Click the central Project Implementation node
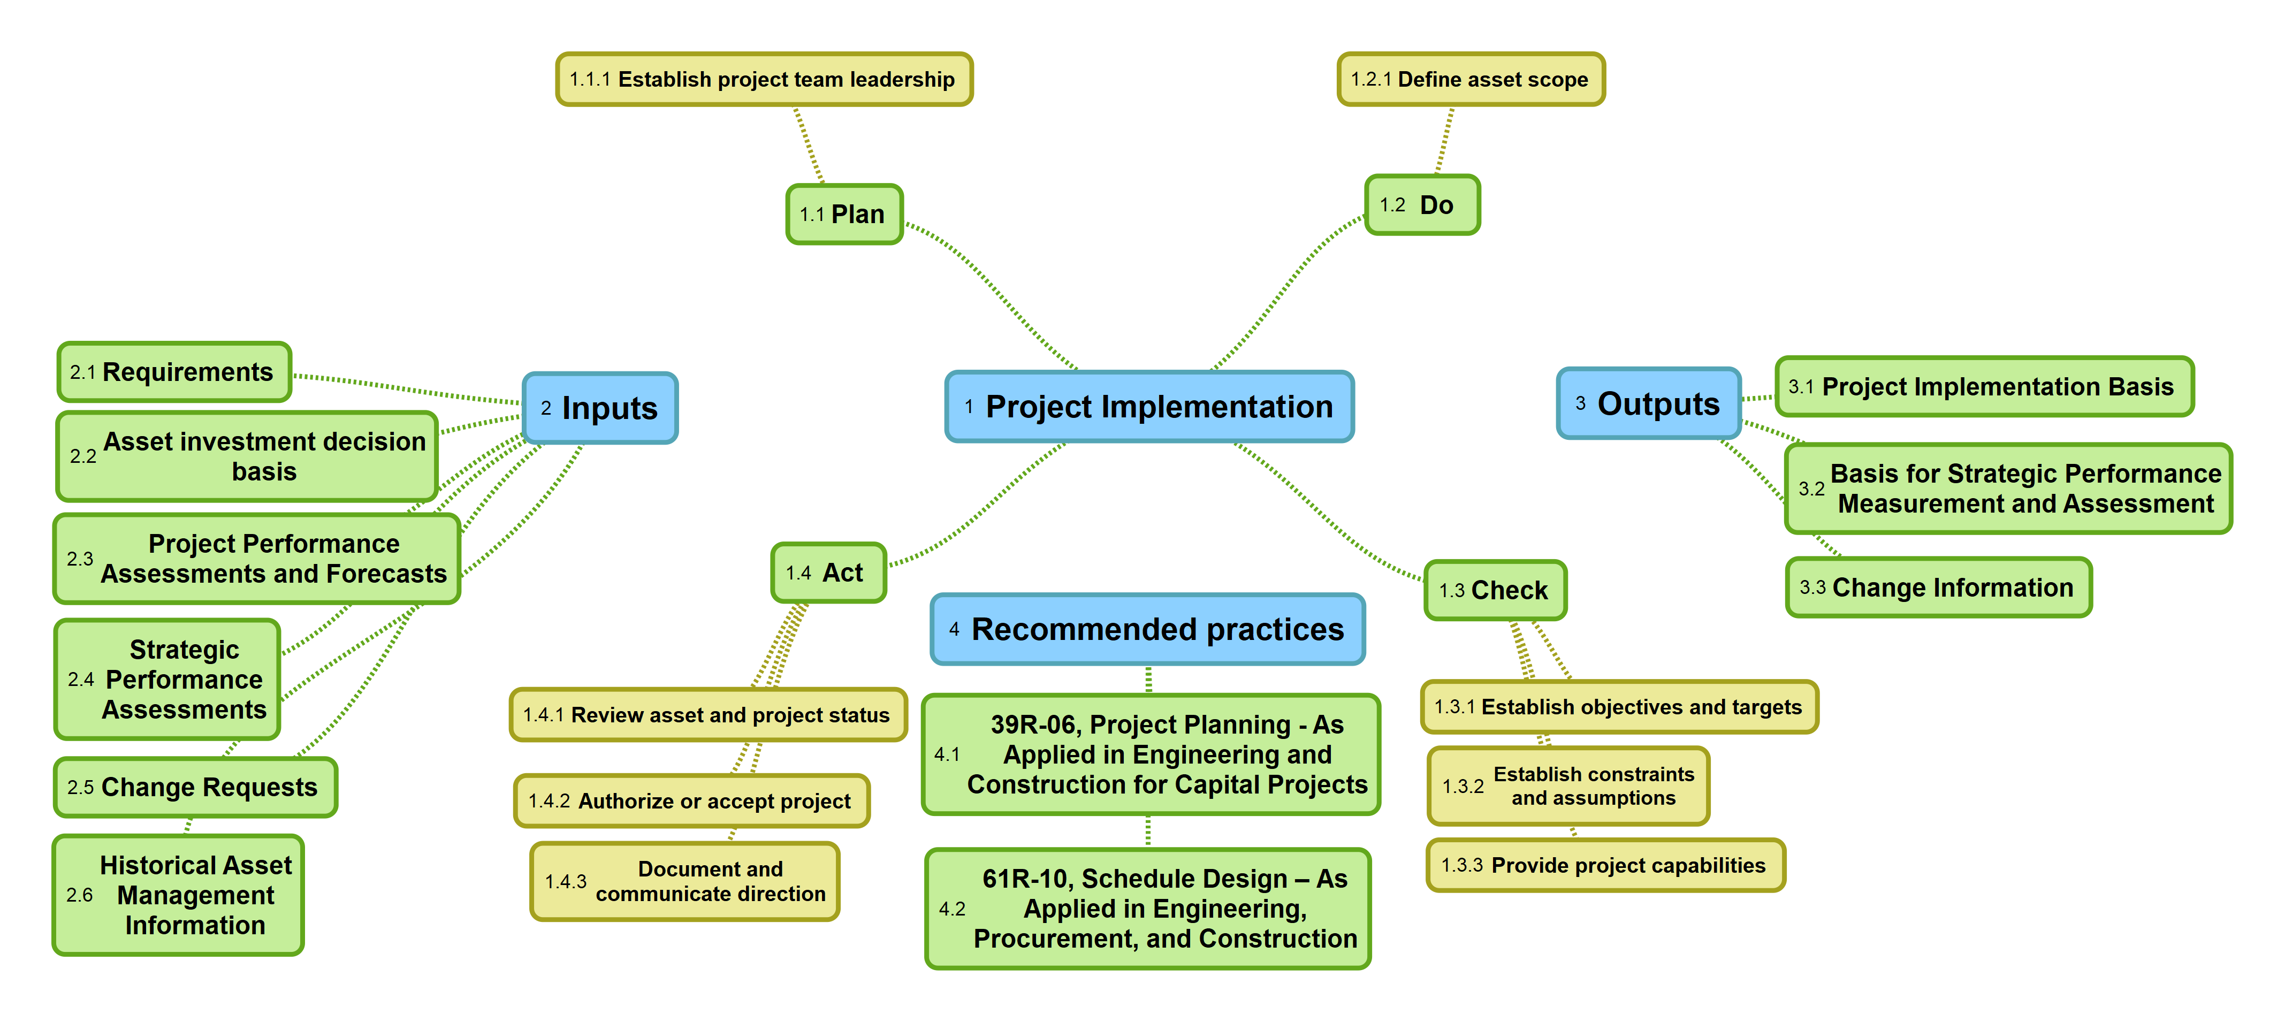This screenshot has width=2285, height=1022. click(1149, 406)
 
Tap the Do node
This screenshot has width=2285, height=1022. click(1422, 205)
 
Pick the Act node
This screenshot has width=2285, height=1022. click(828, 572)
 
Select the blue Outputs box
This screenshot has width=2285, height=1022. click(1648, 403)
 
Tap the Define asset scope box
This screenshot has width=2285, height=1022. click(1471, 79)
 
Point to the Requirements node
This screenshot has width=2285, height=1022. click(174, 372)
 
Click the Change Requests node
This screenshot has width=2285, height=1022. click(195, 787)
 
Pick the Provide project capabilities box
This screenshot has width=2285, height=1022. click(1605, 865)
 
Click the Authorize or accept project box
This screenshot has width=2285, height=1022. click(691, 801)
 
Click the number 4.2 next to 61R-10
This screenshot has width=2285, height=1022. click(952, 909)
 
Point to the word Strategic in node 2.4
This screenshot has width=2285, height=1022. click(185, 650)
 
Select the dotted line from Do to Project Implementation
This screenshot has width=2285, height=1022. click(1286, 288)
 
